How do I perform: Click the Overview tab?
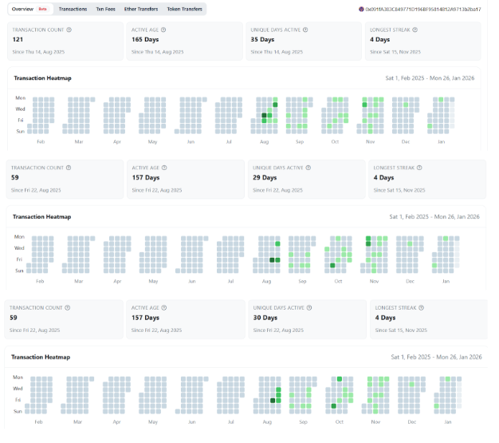click(22, 9)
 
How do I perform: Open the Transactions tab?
click(73, 9)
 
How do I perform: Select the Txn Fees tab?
click(105, 9)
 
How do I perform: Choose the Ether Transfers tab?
click(140, 9)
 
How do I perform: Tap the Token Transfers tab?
click(184, 9)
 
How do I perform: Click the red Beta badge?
click(43, 9)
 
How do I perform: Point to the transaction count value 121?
click(18, 39)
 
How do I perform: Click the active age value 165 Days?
click(146, 39)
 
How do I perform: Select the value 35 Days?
click(263, 39)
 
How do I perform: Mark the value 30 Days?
click(265, 318)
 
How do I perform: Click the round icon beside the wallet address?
click(361, 9)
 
